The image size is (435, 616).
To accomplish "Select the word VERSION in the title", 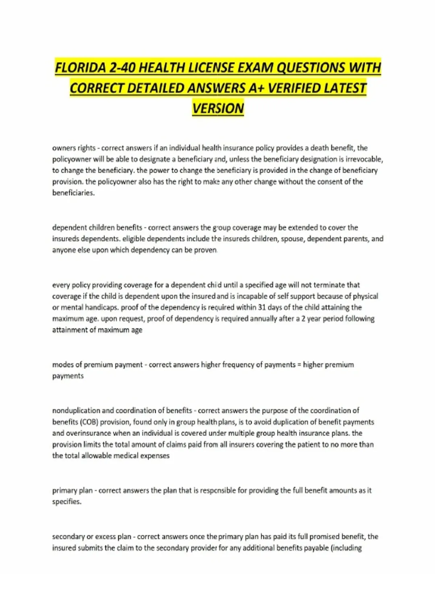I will click(218, 108).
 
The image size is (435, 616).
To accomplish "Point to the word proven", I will click(206, 250).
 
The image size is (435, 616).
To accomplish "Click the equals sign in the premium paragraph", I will click(299, 365).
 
